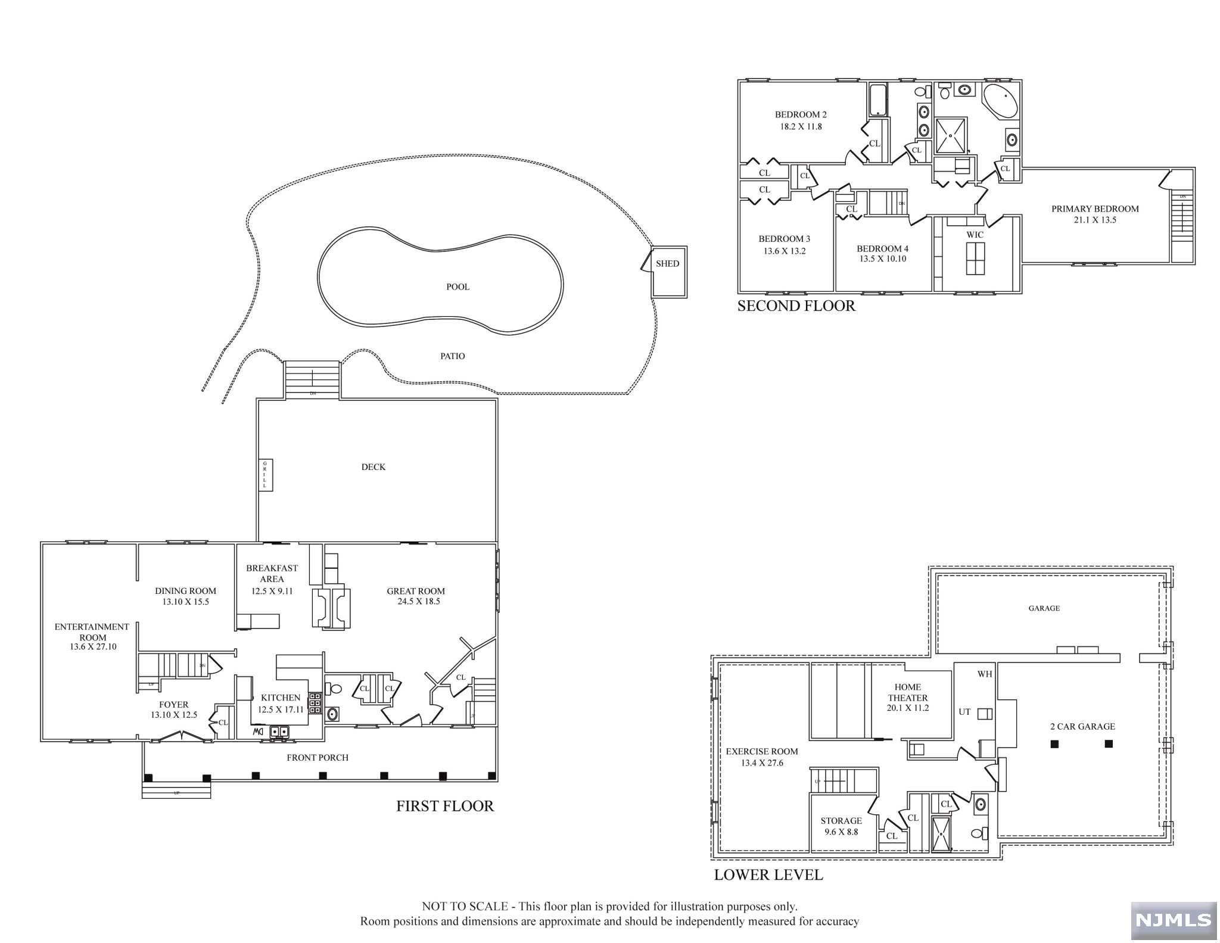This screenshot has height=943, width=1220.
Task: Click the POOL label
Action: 457,287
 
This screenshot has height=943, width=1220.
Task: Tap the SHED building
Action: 668,272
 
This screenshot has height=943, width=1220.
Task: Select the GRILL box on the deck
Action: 265,475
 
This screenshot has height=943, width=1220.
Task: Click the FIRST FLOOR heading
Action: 445,806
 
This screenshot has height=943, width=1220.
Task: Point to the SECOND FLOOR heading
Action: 796,306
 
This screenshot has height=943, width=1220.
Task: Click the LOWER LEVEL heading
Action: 768,875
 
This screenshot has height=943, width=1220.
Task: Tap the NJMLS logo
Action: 1174,920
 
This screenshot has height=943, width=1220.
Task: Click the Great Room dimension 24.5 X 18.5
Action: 419,602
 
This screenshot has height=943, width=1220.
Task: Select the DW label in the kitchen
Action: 257,731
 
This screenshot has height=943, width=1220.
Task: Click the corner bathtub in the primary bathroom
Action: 1001,101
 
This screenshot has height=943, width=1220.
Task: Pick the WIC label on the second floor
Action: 975,235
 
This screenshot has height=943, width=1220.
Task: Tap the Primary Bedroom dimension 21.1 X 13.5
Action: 1095,220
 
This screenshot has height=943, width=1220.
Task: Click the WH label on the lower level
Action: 984,674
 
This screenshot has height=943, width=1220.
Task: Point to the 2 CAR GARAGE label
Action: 1082,727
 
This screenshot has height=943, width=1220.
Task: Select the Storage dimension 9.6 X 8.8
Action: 841,832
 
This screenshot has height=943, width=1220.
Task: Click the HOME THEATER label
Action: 907,692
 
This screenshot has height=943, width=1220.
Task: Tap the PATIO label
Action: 452,356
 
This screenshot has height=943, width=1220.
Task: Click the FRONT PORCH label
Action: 318,758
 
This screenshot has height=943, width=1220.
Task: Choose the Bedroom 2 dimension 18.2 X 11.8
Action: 801,126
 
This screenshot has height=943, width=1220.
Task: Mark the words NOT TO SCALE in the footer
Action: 465,907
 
